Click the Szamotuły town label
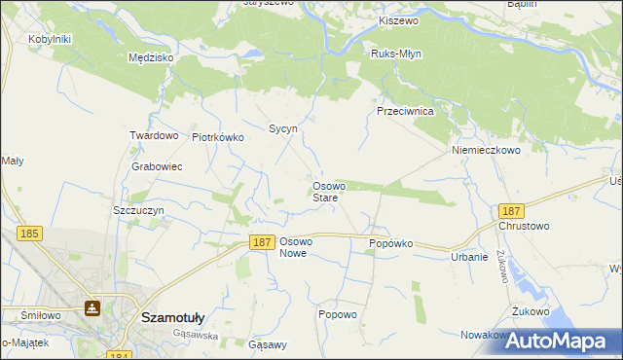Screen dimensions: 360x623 coord(172,317)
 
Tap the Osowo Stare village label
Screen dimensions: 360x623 coord(325,192)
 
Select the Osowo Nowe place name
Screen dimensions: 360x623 coord(295,247)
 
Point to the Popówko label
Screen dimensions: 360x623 coord(391,243)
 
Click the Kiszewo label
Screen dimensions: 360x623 coord(398,20)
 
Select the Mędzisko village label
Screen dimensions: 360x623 coord(151,57)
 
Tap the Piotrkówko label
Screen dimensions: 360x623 coord(218,137)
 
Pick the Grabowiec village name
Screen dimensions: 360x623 coord(157,166)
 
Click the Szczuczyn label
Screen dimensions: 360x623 coord(137,210)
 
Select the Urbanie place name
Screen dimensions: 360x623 coord(468,257)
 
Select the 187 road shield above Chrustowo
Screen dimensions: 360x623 coord(510,211)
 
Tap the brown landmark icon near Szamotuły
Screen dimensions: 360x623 coord(92,308)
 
